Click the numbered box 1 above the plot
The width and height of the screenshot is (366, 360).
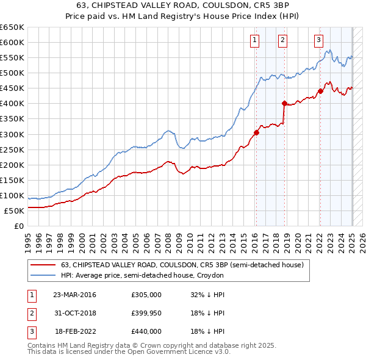(x=254, y=41)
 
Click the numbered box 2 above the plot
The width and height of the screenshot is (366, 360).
(x=283, y=41)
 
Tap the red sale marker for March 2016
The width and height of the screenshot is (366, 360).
(x=256, y=132)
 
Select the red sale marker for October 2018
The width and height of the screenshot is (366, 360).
(x=284, y=103)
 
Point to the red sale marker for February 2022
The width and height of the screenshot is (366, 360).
(x=320, y=91)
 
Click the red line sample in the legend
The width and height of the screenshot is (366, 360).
(x=44, y=265)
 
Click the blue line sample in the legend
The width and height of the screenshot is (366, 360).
(x=44, y=276)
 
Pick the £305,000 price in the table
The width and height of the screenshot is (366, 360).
(x=146, y=294)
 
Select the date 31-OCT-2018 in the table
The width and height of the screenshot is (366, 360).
(x=75, y=313)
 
